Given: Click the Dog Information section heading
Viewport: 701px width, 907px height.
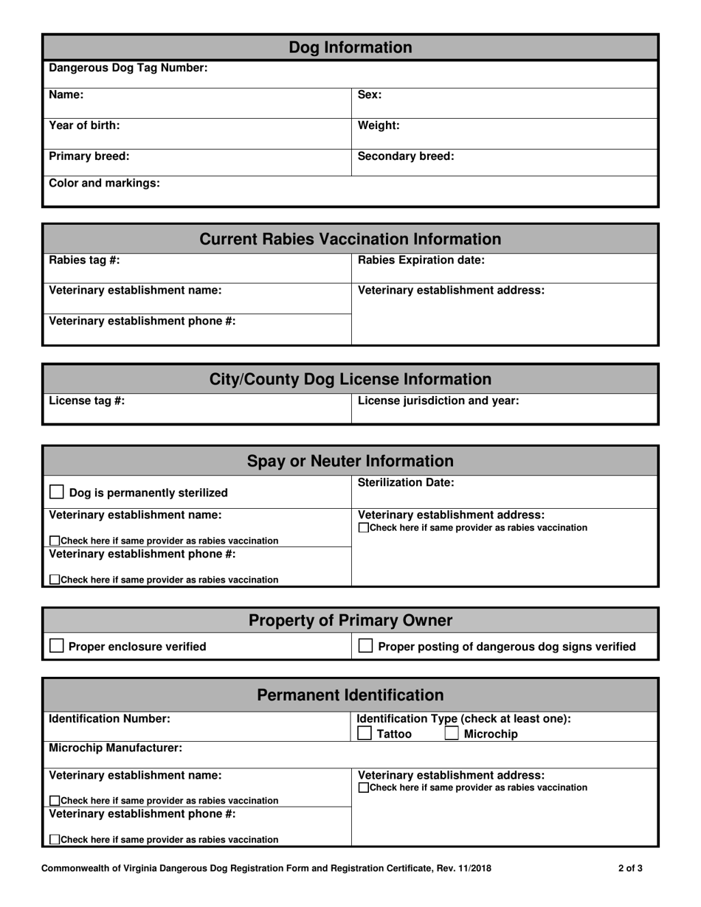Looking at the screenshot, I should pos(350,48).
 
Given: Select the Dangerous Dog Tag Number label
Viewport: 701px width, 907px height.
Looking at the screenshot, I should pos(128,68).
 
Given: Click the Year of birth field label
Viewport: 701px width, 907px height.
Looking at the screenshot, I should pos(84,125).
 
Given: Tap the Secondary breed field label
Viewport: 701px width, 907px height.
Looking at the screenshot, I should pos(406,156).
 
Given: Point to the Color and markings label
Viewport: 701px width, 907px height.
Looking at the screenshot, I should pos(104,183).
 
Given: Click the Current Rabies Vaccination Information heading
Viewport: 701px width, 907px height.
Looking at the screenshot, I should pos(350,239).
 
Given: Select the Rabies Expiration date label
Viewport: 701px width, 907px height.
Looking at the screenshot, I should pos(421,260).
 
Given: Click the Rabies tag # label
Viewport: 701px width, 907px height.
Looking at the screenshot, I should pos(84,260).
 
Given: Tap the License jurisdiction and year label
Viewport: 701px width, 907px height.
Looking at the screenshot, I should pos(438,400).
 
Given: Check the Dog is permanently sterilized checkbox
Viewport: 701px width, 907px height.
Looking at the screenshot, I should pos(57,492).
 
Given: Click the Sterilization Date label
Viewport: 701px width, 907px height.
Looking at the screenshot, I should pos(406,482).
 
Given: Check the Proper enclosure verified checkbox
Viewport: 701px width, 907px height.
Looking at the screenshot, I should pos(57,646).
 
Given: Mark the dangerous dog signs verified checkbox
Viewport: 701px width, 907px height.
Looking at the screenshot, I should pos(365,646).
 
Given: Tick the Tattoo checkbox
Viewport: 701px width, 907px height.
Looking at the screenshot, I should pos(365,734).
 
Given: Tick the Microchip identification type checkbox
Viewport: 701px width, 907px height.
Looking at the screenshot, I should pos(452,734).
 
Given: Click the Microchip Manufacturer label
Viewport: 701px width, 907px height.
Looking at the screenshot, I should pos(115,748).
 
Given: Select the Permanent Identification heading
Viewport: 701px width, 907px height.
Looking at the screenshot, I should pos(350,695).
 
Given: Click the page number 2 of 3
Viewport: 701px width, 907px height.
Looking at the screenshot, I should pos(630,869).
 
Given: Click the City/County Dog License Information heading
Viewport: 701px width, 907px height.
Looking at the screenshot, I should pos(350,379).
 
